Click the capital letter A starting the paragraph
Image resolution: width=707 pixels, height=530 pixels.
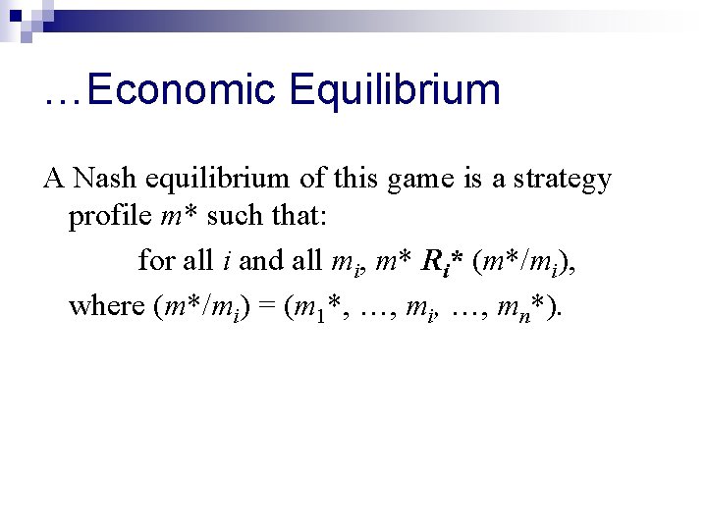click(x=53, y=179)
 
